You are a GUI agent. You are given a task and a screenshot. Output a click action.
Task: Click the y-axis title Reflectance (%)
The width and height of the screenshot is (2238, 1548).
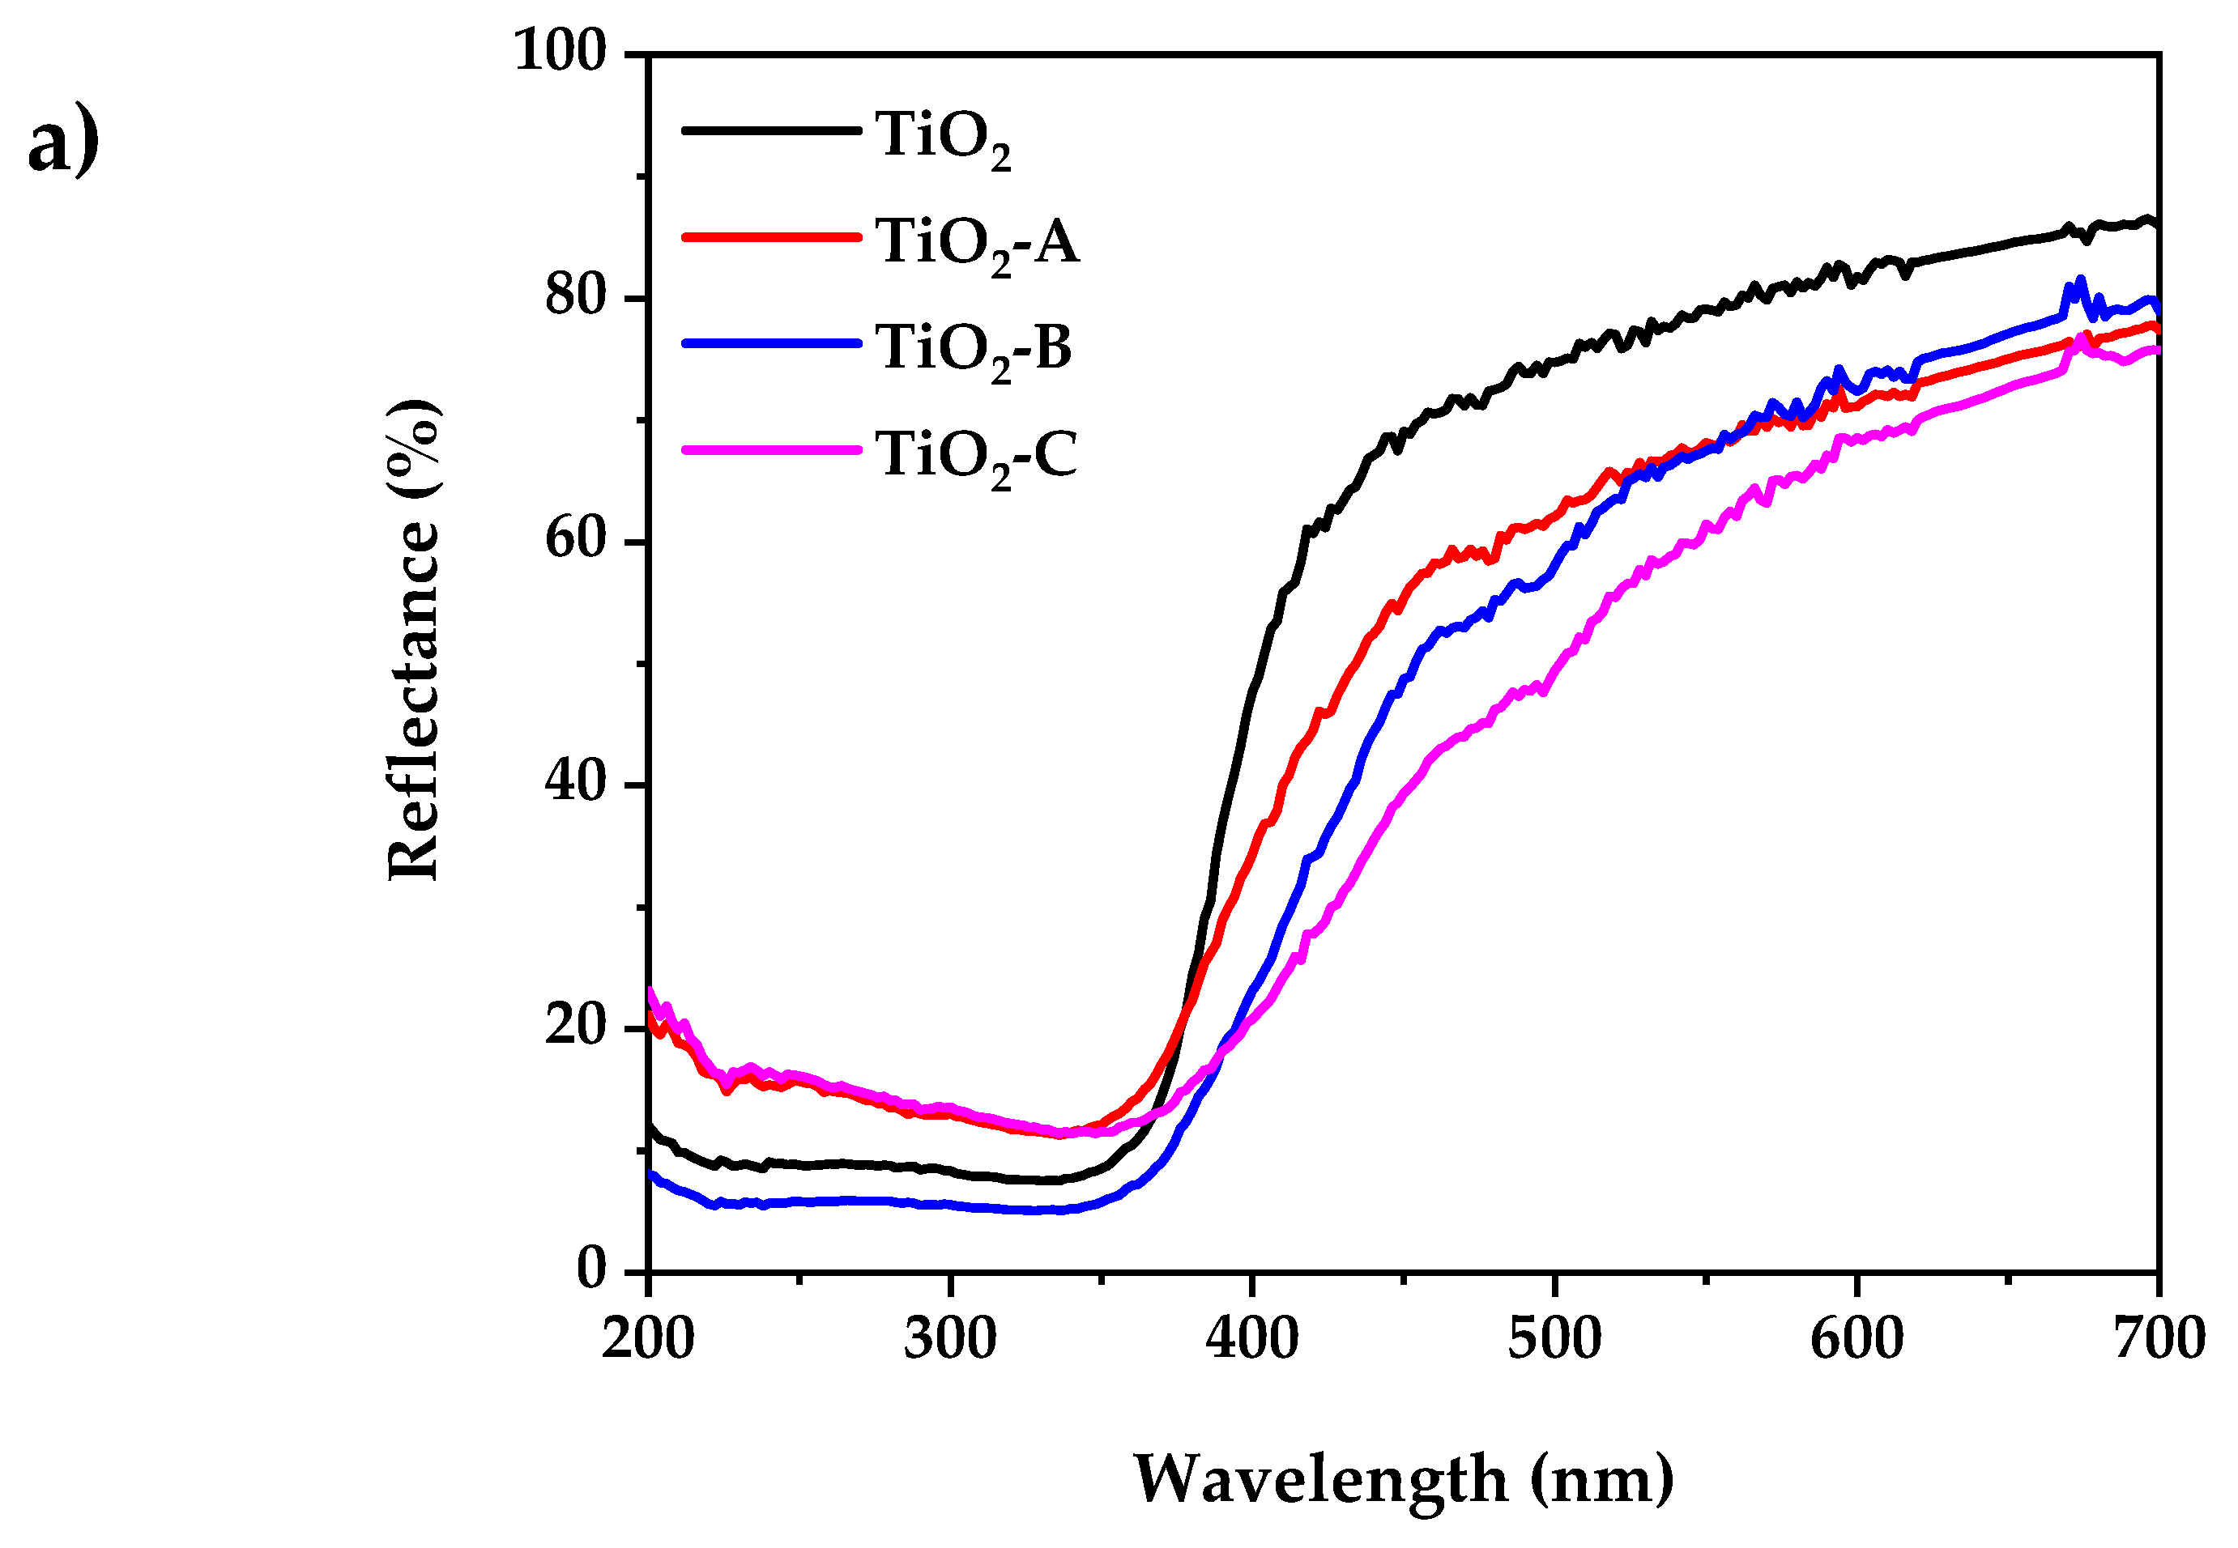pos(414,640)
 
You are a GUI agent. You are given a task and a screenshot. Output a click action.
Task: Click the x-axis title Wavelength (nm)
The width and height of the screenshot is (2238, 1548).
pos(1403,1480)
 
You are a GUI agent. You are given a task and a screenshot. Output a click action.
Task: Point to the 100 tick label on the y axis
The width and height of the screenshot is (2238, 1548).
pos(560,49)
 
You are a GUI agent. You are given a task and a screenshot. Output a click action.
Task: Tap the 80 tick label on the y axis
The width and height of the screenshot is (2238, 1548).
pos(575,295)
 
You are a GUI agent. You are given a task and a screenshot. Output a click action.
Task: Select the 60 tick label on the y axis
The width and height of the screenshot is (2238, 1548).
pos(575,539)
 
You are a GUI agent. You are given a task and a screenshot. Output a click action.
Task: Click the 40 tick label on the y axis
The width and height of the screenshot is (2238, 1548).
pos(575,782)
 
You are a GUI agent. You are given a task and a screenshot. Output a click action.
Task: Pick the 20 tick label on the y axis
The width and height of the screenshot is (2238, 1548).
pos(575,1026)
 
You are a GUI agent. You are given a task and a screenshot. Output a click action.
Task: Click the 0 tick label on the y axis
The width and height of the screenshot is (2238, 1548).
pos(592,1269)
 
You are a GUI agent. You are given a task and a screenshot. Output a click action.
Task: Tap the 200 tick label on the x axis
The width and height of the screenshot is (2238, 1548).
pos(648,1339)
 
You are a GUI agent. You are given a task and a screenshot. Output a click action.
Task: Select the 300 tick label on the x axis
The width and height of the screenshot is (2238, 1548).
pos(950,1339)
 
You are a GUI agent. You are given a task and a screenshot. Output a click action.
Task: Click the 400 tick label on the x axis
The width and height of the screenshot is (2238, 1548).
pos(1252,1339)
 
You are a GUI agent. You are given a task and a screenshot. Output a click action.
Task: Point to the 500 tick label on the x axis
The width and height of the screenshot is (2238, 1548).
pos(1554,1339)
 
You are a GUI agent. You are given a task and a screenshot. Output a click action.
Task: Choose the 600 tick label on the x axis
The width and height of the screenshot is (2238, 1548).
pos(1856,1339)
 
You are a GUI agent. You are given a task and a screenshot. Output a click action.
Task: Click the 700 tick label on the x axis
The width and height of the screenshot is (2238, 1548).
pos(2159,1339)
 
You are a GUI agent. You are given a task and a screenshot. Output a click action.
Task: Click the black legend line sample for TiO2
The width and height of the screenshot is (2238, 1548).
pos(771,130)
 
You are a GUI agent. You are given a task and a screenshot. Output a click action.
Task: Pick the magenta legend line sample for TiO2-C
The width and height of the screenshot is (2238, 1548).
pos(771,450)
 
